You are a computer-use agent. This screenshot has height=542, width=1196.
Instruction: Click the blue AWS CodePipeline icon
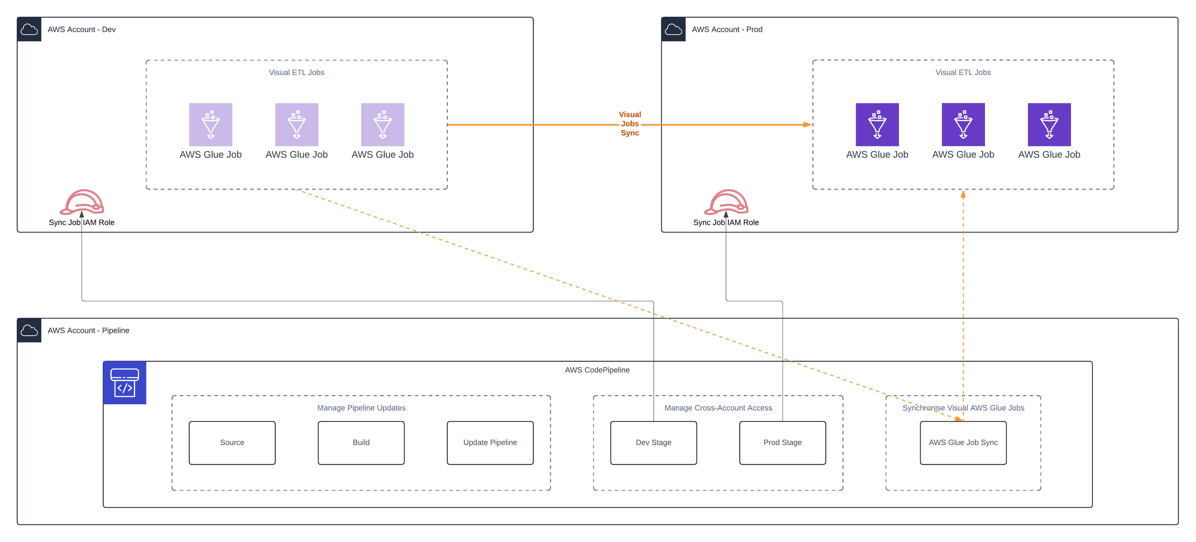(124, 383)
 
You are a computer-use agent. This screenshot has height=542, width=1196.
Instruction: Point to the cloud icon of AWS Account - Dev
(29, 29)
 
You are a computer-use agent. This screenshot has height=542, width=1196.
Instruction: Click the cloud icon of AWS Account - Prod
(673, 29)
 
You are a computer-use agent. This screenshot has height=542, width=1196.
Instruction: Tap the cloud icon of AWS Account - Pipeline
(29, 330)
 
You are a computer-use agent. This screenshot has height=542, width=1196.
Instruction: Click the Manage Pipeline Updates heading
(361, 408)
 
